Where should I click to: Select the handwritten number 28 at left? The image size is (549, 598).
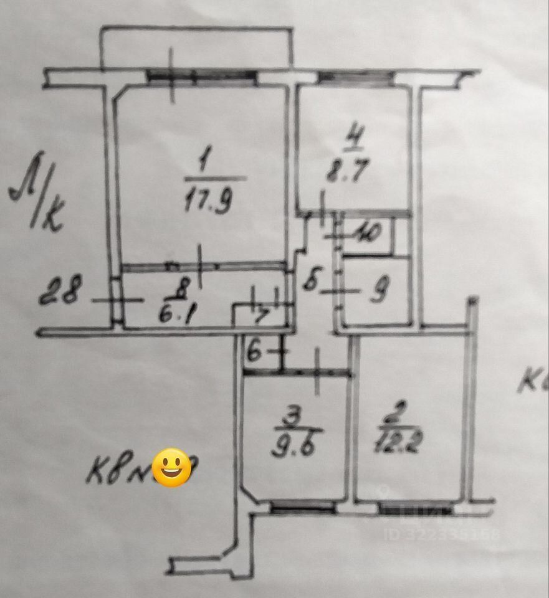click(x=60, y=291)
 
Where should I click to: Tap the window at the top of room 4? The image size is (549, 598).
click(x=356, y=78)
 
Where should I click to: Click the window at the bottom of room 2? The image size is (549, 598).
click(x=414, y=508)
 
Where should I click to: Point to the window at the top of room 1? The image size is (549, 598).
click(x=202, y=77)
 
